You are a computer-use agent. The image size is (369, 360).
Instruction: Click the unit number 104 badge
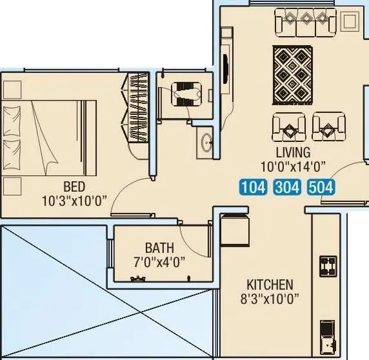pos(253,188)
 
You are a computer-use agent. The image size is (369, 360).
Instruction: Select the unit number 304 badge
pos(287,188)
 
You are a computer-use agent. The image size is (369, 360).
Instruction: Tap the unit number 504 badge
pos(321,188)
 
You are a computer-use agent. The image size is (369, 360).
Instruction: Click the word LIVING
pos(294,153)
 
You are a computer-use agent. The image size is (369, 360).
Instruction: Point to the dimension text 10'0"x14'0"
pos(294,166)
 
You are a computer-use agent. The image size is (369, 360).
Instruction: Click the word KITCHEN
pos(270,285)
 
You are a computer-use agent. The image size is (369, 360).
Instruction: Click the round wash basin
pos(206,143)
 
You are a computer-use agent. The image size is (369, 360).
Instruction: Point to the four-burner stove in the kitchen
pos(328,265)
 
